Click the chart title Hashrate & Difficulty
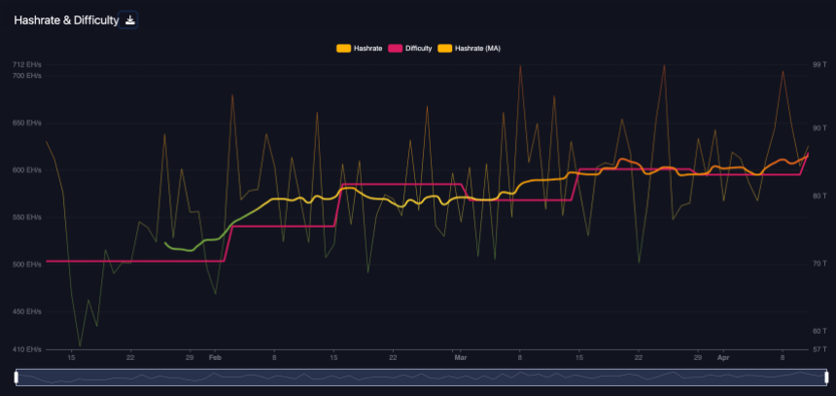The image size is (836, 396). (64, 19)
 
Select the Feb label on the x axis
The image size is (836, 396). (214, 358)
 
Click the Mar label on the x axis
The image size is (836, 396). (460, 358)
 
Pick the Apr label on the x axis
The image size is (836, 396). (722, 358)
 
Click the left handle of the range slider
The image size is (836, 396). (17, 377)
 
